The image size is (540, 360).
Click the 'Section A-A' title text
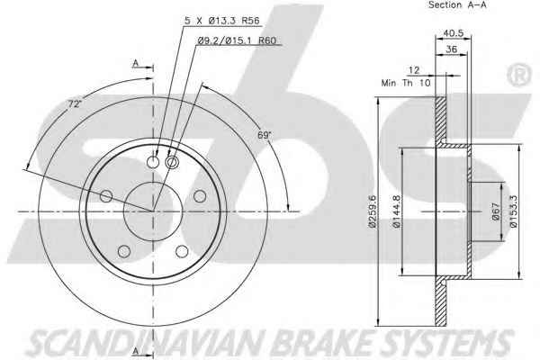[457, 4]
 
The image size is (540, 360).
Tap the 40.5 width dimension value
[454, 33]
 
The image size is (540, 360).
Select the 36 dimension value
[452, 49]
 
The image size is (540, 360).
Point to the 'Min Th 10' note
[406, 83]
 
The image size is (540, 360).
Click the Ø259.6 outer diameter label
[373, 211]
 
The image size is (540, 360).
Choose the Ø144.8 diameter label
[396, 211]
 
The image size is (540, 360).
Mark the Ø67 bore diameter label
[495, 211]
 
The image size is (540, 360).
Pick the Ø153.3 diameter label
[513, 211]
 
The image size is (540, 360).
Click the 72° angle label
[74, 103]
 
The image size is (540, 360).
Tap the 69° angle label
[265, 135]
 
